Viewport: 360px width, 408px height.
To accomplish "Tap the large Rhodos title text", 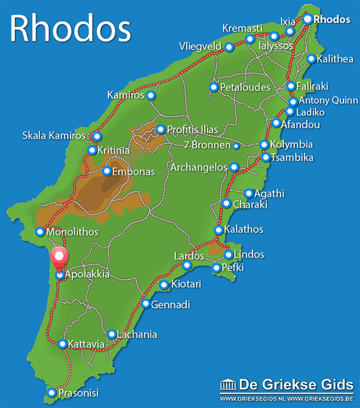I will (70, 28).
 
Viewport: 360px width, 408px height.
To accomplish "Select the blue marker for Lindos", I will (228, 254).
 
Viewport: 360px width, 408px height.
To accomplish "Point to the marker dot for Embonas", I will (107, 171).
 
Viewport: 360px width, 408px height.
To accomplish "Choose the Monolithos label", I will (73, 232).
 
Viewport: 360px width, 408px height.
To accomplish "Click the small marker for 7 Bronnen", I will (236, 146).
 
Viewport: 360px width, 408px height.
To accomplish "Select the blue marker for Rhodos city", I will (307, 19).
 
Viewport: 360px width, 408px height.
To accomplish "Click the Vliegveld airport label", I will (200, 46).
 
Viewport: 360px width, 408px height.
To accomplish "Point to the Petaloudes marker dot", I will (213, 87).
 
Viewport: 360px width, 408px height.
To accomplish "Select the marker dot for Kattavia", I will (62, 345).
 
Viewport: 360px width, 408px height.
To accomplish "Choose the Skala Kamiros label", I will (54, 135).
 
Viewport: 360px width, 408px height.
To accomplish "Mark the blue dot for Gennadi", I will (146, 304).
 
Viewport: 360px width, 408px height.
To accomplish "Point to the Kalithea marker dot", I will (311, 58).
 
